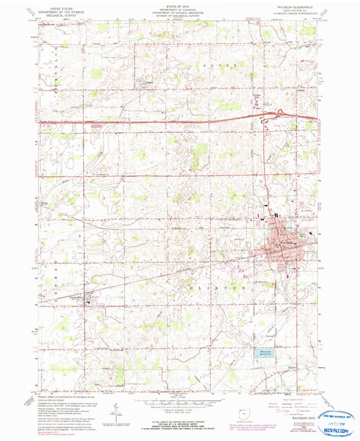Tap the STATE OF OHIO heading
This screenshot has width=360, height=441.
(179, 5)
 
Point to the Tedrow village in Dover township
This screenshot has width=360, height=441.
(146, 83)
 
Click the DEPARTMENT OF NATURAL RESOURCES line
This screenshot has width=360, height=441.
(179, 12)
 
